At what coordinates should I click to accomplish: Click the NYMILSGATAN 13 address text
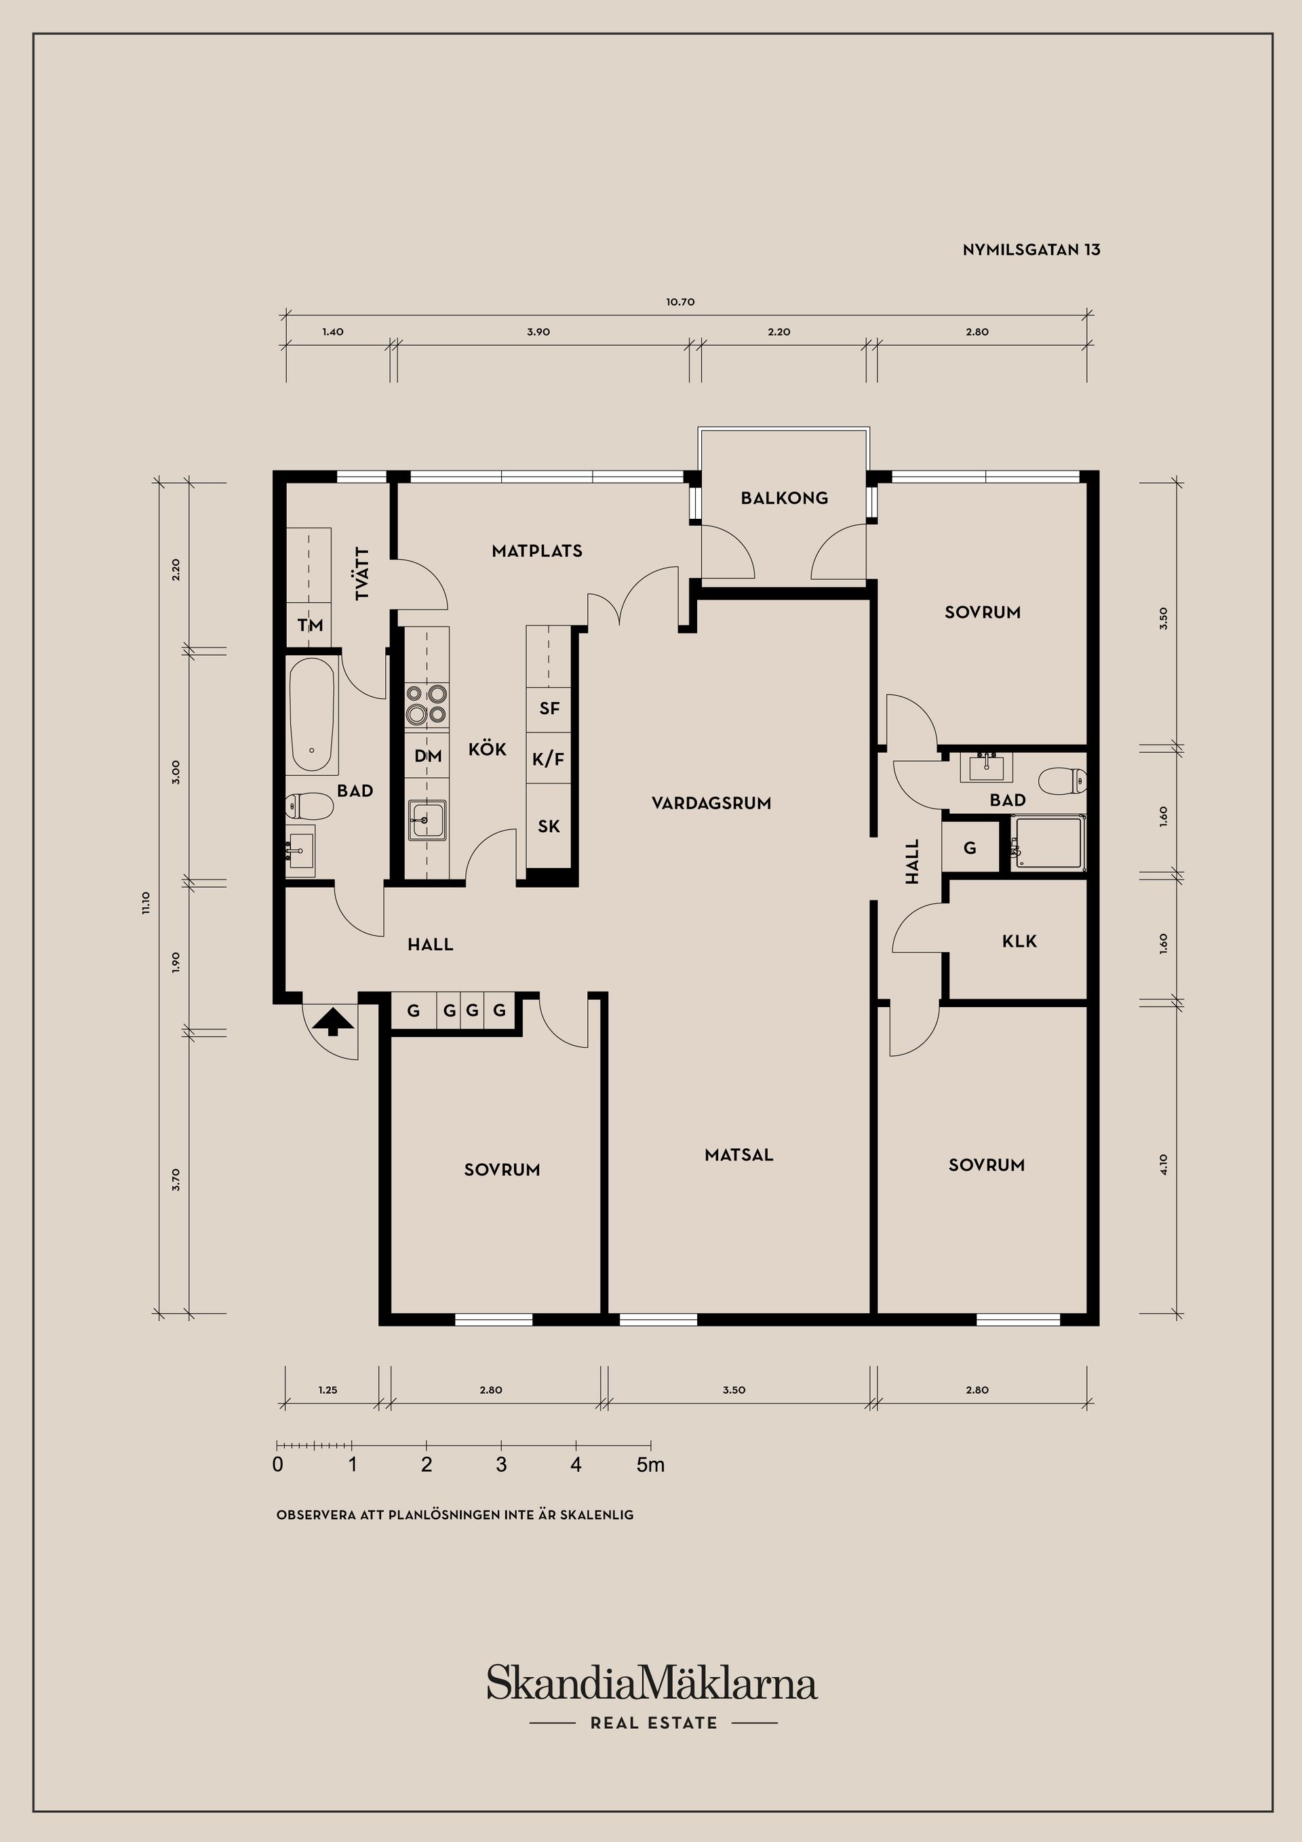[1031, 250]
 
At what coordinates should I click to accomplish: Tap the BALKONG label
[784, 498]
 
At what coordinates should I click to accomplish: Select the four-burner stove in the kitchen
[426, 703]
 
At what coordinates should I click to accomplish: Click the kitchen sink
[427, 820]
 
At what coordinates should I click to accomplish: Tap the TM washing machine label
[310, 625]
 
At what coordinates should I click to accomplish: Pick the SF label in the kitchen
[549, 709]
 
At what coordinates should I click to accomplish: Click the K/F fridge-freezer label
[549, 758]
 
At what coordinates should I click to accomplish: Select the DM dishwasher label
[428, 756]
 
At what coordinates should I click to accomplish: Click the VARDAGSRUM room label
[711, 803]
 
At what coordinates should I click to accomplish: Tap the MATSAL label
[739, 1155]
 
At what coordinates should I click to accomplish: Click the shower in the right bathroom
[1048, 842]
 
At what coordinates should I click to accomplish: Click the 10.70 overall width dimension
[679, 302]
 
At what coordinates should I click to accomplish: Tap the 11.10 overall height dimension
[146, 903]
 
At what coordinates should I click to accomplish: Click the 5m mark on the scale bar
[650, 1465]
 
